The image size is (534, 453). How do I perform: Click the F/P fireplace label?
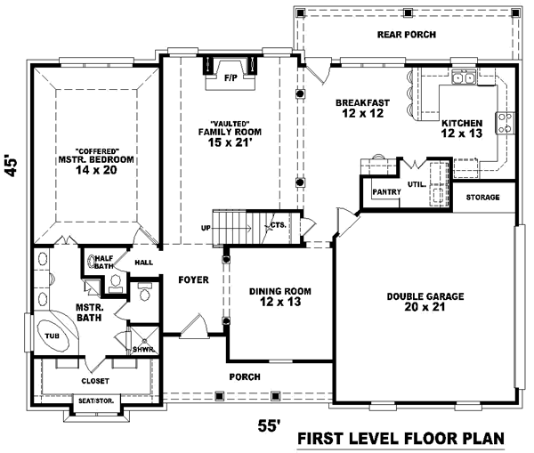231,78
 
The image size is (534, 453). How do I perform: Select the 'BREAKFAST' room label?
360,103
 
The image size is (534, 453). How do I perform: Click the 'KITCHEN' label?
461,123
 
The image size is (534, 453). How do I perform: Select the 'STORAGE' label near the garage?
482,197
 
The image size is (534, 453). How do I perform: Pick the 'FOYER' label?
192,279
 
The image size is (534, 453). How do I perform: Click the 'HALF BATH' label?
105,262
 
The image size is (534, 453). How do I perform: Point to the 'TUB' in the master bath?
53,336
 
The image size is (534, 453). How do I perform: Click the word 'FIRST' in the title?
322,439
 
